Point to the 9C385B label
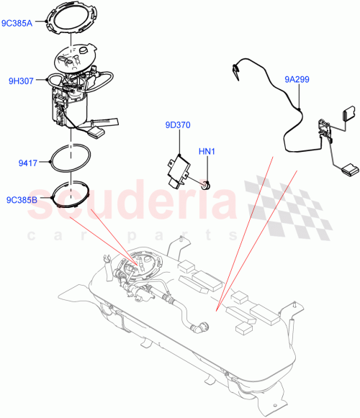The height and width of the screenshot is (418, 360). [x=22, y=200]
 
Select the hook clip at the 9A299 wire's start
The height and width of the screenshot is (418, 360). [x=237, y=71]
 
